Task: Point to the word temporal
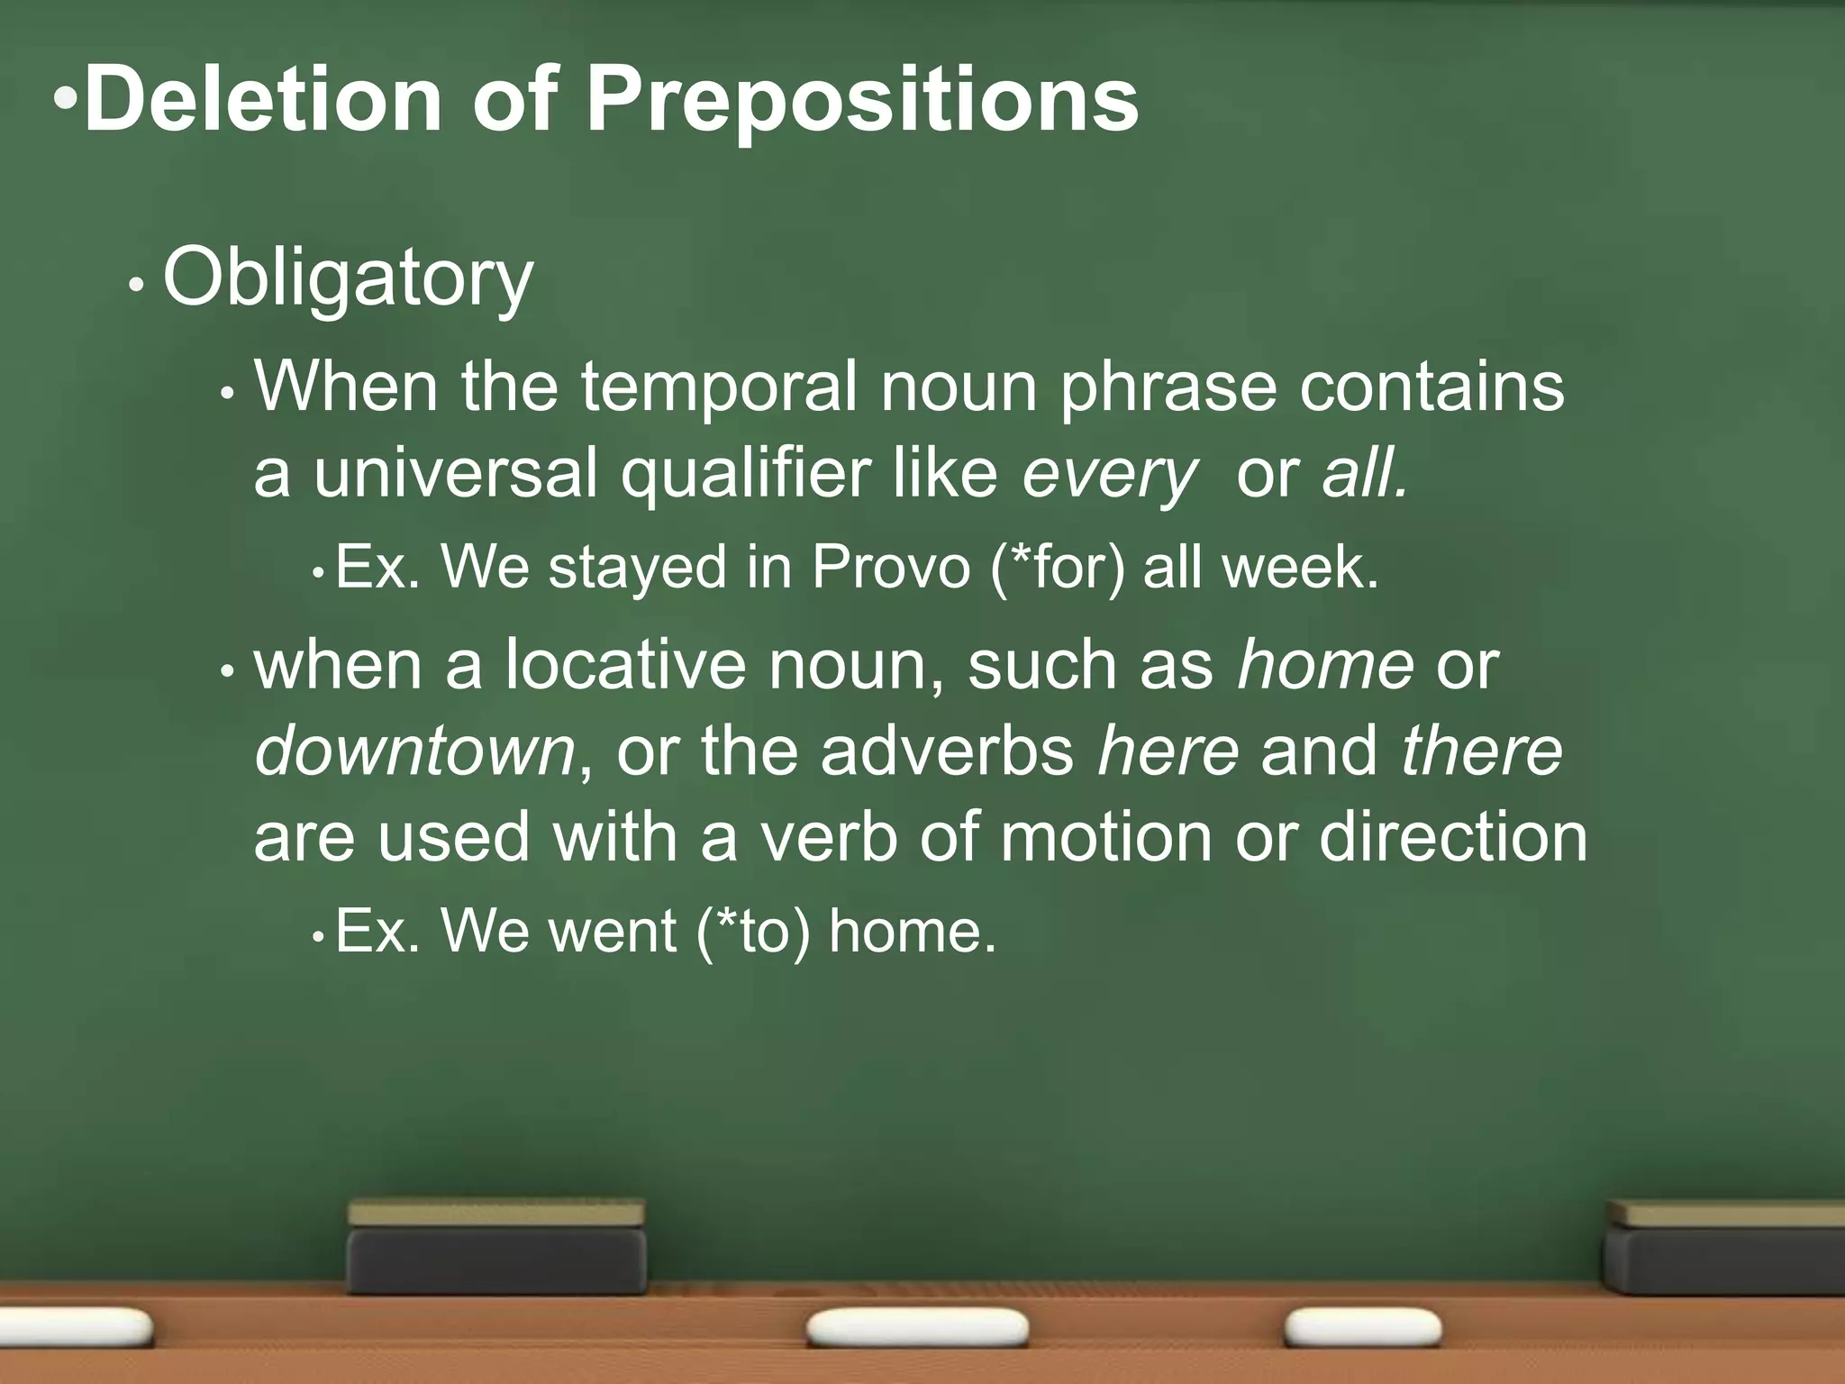click(718, 387)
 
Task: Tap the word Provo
click(890, 569)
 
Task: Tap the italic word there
click(1481, 751)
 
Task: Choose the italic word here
click(1168, 751)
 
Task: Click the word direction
click(1452, 838)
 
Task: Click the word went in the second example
click(612, 932)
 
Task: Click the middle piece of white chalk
click(917, 1327)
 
